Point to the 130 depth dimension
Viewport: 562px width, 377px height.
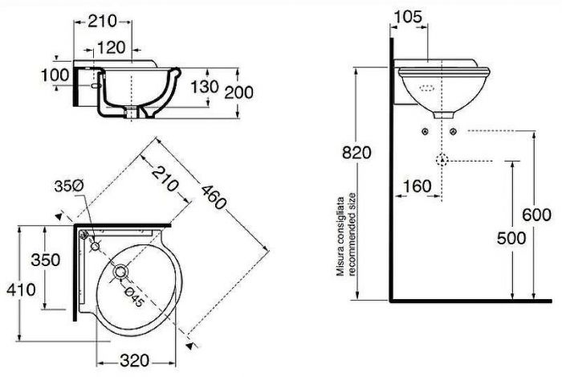pos(202,86)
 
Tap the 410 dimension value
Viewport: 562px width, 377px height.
pos(19,289)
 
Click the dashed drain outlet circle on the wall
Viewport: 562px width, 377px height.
pos(440,159)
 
